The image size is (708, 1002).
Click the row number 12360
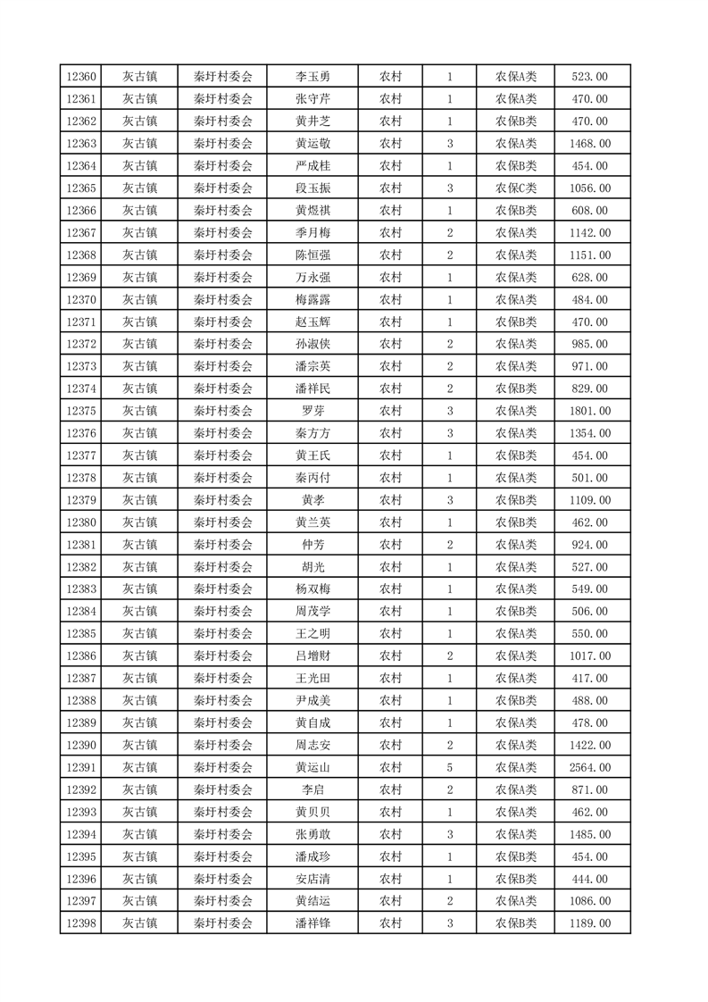[x=80, y=77]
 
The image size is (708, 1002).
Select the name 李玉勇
[x=312, y=77]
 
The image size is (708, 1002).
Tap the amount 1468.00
[x=590, y=144]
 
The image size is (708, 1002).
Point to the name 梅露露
[x=312, y=300]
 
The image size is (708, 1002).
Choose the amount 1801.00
[x=590, y=411]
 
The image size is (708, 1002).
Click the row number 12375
[x=80, y=411]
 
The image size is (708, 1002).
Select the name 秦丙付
[x=312, y=478]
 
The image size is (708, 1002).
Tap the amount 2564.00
[x=590, y=767]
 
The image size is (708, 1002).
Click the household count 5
[x=450, y=767]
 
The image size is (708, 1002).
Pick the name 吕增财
[x=312, y=656]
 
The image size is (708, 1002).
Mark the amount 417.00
[x=590, y=679]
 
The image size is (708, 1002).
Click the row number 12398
[x=80, y=923]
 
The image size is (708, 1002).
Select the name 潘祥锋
[x=312, y=923]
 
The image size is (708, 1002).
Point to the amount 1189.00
[x=590, y=923]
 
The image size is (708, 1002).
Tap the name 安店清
[x=312, y=879]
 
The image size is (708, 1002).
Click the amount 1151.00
[x=590, y=255]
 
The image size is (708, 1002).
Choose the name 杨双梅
[x=312, y=589]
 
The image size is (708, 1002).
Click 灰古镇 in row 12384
[x=139, y=612]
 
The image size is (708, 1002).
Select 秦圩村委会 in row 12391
[x=223, y=767]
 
